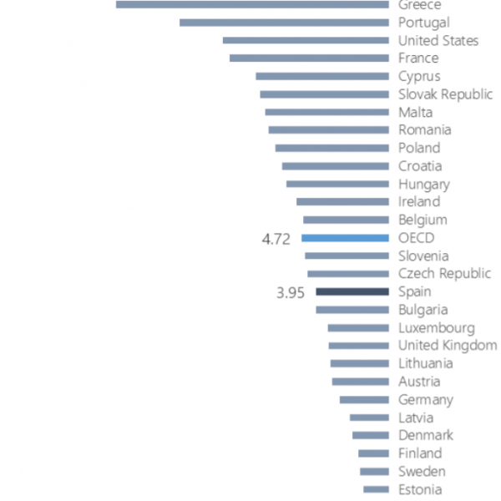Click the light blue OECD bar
click(345, 238)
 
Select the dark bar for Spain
click(352, 291)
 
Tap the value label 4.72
click(276, 239)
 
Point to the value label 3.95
click(291, 292)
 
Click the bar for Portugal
click(284, 23)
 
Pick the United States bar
click(306, 40)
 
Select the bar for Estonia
click(376, 489)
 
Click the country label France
click(418, 58)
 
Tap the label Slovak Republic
click(445, 94)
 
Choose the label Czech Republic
click(444, 274)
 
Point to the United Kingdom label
click(447, 346)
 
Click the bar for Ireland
click(342, 202)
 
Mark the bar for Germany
click(364, 400)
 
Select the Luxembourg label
click(436, 328)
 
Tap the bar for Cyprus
click(322, 76)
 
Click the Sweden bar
click(374, 472)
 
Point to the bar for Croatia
click(335, 166)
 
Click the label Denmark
click(426, 435)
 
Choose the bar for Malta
click(326, 112)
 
